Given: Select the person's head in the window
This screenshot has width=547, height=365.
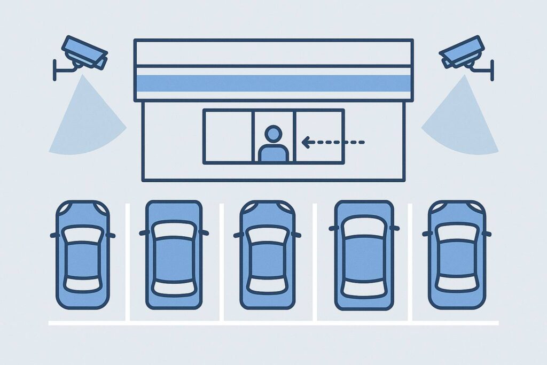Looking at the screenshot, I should pyautogui.click(x=273, y=134).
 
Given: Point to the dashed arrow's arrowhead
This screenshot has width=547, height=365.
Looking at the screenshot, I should pyautogui.click(x=306, y=142).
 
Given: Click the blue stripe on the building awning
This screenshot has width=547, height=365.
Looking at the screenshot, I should pyautogui.click(x=273, y=83).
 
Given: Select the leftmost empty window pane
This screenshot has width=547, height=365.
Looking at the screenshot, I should pyautogui.click(x=228, y=136).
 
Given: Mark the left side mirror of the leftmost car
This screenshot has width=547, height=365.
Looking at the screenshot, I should pyautogui.click(x=54, y=235).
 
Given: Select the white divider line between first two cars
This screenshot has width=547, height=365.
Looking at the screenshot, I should pyautogui.click(x=127, y=262).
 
